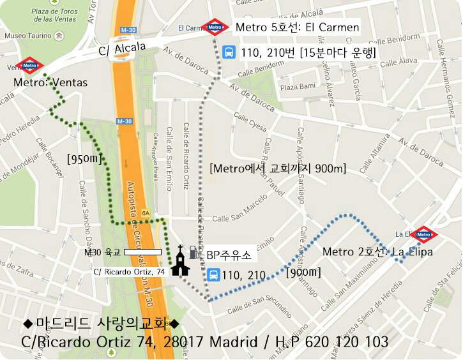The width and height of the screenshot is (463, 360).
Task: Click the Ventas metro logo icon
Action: pos(29,65)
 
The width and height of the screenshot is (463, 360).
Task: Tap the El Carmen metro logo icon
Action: pos(215,27)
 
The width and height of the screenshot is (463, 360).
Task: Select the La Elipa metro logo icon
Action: pos(424,235)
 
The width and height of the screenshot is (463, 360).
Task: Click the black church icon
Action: pos(180,262)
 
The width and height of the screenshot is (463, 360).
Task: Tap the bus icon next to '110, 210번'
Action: pos(228,52)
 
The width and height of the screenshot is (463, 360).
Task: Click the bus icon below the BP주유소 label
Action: pos(213,275)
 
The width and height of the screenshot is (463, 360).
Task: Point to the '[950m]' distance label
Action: pos(84,158)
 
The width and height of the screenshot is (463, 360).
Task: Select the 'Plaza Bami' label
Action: pos(298,86)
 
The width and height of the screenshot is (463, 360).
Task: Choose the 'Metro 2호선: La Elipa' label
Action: pos(377,252)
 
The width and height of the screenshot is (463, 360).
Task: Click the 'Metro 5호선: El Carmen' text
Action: pos(298,27)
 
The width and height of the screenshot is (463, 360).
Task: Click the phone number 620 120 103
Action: pos(351,342)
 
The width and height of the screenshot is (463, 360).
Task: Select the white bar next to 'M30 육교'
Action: pos(142,252)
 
